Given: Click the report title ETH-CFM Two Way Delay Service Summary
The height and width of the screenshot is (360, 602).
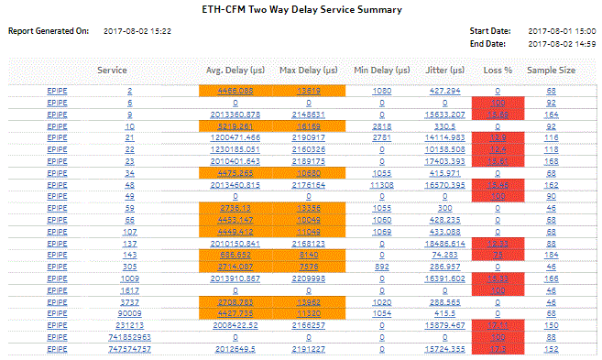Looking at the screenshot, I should (x=301, y=9).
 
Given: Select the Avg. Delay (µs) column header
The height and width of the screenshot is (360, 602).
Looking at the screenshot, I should (x=235, y=70).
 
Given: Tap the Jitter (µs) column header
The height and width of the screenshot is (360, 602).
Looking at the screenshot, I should (x=443, y=70).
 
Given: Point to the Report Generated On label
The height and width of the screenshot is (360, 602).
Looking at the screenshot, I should (x=49, y=31).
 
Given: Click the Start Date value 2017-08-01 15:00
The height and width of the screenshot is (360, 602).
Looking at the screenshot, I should (x=562, y=31).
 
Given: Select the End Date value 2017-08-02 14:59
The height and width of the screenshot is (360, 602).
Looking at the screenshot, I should (x=562, y=42).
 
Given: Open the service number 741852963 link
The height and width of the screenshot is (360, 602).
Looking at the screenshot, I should (x=129, y=338).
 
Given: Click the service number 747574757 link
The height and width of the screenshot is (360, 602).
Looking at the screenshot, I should (x=129, y=349).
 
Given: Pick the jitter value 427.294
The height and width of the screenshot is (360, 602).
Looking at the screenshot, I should (x=443, y=91).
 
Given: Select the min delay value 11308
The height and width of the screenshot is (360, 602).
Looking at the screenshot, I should (x=383, y=184).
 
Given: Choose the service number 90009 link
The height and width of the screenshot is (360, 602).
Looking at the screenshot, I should (x=129, y=311).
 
